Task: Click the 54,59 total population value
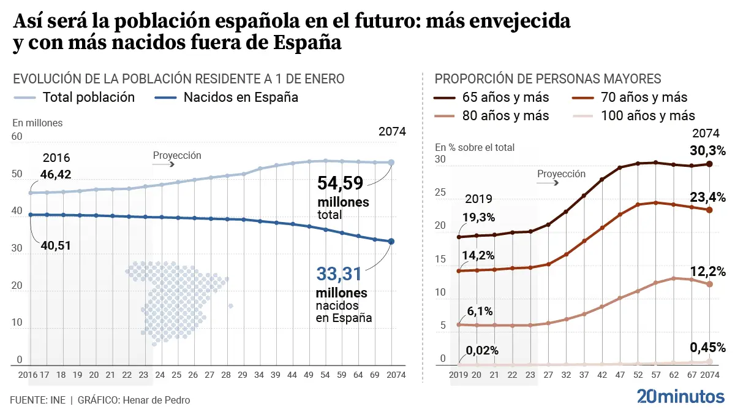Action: [340, 183]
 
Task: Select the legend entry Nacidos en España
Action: [227, 97]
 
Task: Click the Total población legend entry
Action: [75, 97]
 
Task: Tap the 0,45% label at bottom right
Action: [707, 347]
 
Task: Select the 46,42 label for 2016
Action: [55, 174]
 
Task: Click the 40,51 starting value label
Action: [56, 245]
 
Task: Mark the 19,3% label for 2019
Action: [480, 217]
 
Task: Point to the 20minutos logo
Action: [680, 396]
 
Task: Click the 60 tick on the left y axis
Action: [17, 137]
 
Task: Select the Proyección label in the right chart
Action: [561, 174]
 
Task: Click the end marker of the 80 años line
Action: [710, 284]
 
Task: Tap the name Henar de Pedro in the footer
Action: [157, 400]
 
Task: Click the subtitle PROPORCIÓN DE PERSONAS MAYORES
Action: [548, 79]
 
